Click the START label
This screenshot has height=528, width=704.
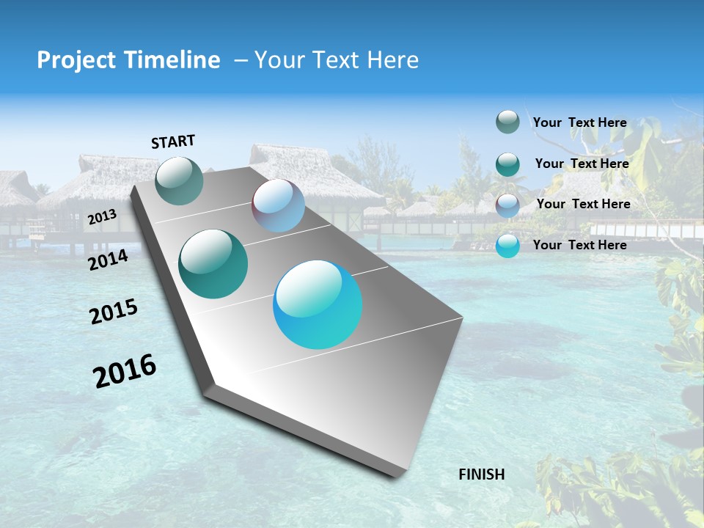173,142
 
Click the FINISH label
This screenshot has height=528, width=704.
481,474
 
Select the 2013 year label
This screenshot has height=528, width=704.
102,217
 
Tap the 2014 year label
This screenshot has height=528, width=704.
108,260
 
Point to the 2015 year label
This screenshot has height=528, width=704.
114,312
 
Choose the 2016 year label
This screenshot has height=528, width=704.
125,370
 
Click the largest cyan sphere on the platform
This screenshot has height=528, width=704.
318,304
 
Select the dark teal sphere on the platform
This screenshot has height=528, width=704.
213,264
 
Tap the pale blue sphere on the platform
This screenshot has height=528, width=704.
278,206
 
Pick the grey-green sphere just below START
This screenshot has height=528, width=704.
180,180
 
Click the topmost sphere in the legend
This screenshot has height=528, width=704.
507,122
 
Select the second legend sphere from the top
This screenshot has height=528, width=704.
507,164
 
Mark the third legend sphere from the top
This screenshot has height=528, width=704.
507,205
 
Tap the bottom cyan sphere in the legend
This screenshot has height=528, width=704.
507,246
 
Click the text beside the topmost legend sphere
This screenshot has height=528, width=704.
579,122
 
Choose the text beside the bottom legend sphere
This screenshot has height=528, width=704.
579,245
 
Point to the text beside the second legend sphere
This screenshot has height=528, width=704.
582,164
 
